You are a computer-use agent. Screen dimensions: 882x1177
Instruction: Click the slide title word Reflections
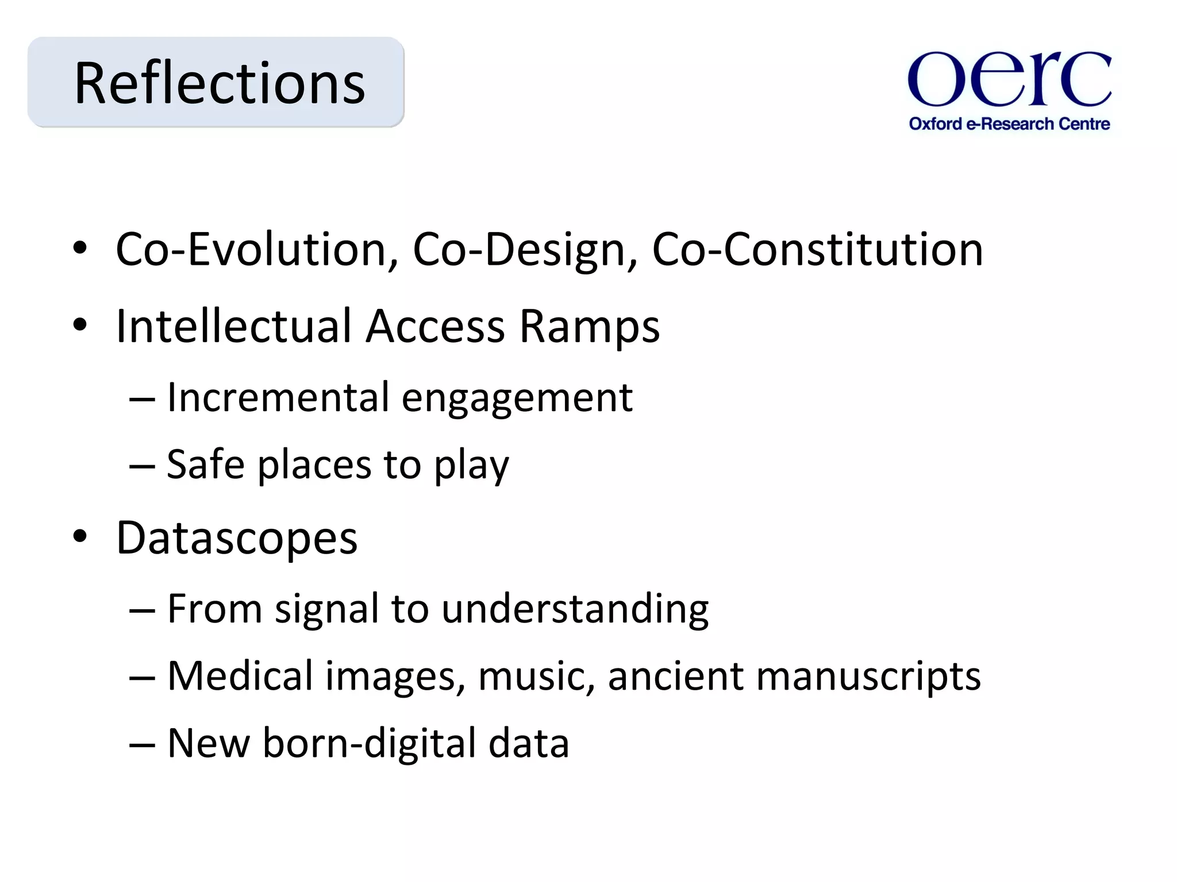coord(220,84)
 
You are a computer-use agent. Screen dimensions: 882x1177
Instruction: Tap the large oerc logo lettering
coord(1009,79)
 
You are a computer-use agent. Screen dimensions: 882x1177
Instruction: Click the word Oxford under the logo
coord(935,124)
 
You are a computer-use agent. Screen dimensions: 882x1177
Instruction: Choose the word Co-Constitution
coord(817,250)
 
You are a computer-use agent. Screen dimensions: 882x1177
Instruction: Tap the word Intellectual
coord(233,326)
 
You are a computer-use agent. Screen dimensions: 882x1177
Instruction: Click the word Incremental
coord(278,397)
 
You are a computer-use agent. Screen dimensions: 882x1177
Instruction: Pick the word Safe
coord(206,465)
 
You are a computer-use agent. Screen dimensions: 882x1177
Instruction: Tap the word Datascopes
coord(237,539)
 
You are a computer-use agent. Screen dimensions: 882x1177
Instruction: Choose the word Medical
coord(240,676)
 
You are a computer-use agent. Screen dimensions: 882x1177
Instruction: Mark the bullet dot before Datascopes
coord(80,536)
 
